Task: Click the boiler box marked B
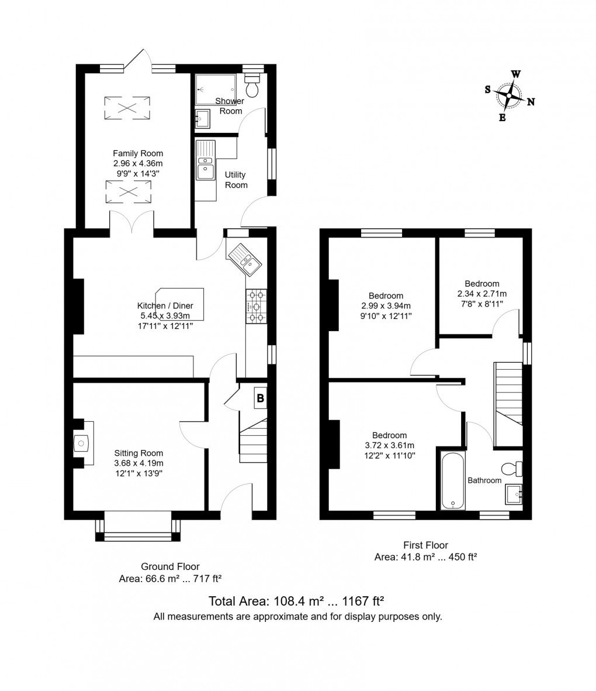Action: click(260, 399)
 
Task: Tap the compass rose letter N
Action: click(531, 102)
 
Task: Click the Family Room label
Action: click(138, 153)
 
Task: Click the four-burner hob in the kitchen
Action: click(256, 306)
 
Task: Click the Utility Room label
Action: click(236, 180)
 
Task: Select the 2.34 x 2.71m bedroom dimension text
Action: click(482, 293)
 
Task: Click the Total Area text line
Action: click(296, 601)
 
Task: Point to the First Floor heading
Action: click(425, 545)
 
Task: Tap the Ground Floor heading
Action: click(170, 566)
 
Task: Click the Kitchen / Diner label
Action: click(165, 305)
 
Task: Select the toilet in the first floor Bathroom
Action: click(511, 468)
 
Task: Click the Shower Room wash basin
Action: click(202, 119)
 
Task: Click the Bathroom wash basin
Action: click(514, 494)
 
